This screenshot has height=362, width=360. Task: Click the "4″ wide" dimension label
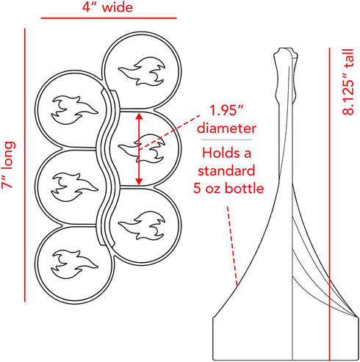pos(107,7)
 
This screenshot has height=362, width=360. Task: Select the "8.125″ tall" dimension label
pos(348,82)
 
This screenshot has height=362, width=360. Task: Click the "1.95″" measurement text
pos(226,110)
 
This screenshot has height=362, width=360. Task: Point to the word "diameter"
pos(226,128)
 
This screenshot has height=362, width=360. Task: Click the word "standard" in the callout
pos(226,170)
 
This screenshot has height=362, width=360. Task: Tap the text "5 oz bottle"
pos(228,189)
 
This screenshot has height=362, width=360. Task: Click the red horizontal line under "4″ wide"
pos(109,18)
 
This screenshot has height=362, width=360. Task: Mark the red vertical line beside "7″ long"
pos(25,165)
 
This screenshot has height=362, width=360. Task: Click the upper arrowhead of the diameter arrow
pos(139,116)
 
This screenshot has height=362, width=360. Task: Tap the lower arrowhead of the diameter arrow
pos(139,181)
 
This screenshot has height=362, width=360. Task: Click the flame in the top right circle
pos(142,71)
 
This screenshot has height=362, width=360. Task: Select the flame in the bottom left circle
pos(74,264)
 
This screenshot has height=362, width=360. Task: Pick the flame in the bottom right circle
pos(142,225)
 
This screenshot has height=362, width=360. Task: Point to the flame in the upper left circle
pos(74,110)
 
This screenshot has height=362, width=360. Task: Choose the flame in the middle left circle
pos(74,187)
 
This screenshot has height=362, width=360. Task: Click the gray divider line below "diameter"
pos(227,140)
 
